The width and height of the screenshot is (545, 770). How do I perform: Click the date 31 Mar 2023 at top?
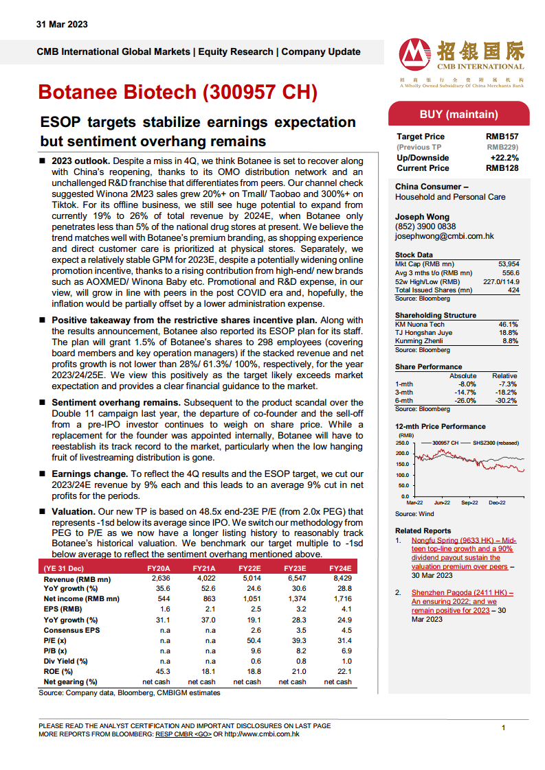point(62,25)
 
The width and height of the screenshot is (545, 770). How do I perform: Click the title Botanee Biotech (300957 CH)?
point(177,93)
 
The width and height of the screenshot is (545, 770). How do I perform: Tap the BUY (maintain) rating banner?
point(458,114)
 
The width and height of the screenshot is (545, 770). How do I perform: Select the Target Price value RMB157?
point(502,137)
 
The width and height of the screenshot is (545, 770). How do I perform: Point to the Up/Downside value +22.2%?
point(504,158)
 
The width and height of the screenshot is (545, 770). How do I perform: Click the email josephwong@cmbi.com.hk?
point(444,236)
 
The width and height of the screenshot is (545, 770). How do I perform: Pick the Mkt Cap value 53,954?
point(509,264)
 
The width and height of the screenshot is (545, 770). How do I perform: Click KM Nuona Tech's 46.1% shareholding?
point(508,325)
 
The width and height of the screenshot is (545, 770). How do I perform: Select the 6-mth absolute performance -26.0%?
point(465,401)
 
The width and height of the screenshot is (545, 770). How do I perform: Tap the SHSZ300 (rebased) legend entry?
point(496,443)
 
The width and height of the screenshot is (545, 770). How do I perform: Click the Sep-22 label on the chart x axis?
point(469,502)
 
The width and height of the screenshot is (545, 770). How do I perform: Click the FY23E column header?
point(295,568)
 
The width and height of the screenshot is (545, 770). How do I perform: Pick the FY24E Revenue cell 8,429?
point(342,579)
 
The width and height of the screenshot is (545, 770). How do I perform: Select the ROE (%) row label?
point(58,671)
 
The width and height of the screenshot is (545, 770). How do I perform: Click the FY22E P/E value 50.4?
point(254,640)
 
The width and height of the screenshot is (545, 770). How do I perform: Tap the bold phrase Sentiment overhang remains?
point(116,403)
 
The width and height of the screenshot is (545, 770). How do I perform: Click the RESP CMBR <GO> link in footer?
point(183,734)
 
